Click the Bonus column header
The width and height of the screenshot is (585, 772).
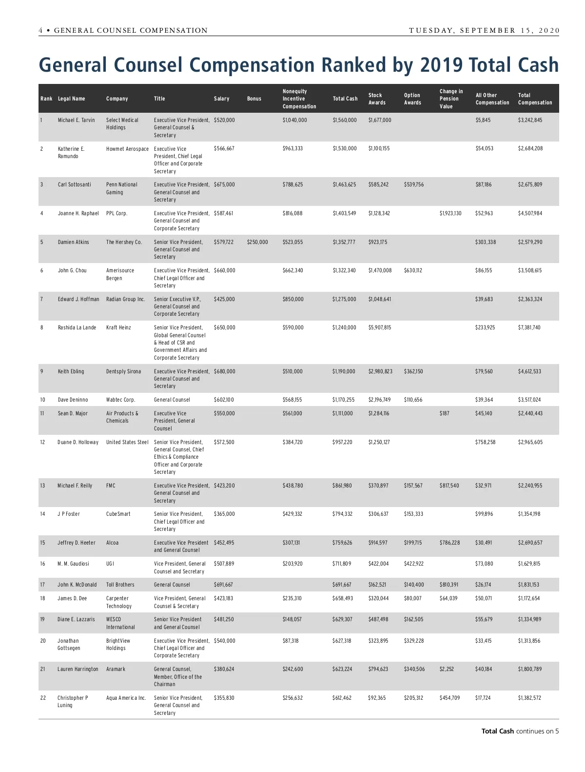pos(254,99)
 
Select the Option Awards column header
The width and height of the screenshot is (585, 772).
pos(412,99)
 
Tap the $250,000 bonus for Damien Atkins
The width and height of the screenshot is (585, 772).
pos(257,242)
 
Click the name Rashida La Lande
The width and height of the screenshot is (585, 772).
pos(77,327)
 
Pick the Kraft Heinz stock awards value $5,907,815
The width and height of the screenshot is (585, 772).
pos(379,327)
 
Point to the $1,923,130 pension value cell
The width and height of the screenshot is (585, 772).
pos(450,213)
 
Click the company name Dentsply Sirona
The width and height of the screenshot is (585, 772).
pos(123,371)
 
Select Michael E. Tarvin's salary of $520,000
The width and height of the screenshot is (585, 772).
pos(224,120)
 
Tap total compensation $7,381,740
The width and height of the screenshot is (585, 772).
pos(529,327)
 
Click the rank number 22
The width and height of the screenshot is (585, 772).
pos(43,698)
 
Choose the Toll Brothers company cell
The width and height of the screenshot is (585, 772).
pos(120,585)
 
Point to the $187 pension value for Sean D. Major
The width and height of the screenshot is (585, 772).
pos(445,413)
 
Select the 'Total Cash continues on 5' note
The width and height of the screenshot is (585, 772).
pos(520,731)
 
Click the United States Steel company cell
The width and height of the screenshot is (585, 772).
pos(127,442)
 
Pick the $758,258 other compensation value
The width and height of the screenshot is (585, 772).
pos(486,442)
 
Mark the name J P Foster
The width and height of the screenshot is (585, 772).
pos(70,514)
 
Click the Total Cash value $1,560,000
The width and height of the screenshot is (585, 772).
pos(345,120)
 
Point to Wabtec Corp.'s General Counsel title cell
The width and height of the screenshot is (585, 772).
pos(172,400)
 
